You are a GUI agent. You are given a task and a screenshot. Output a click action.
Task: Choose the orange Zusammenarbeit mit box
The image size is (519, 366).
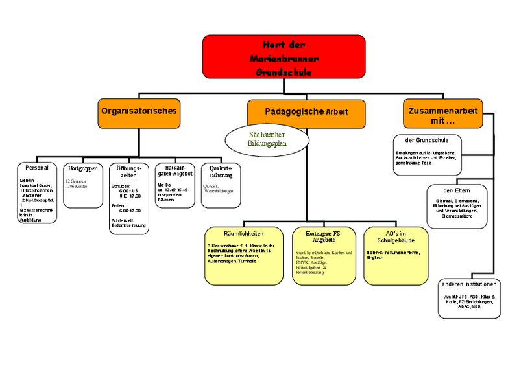442,115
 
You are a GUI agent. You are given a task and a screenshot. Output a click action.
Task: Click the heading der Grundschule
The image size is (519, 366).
428,139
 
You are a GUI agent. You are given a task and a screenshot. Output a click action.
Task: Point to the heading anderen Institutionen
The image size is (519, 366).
469,284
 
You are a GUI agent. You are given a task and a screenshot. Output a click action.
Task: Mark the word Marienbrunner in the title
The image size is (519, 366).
284,58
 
